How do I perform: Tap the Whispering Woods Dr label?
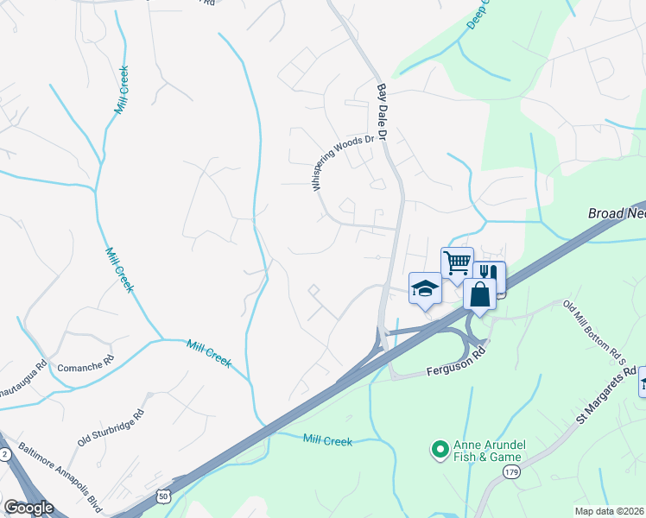pos(344,162)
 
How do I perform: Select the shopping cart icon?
pos(457,261)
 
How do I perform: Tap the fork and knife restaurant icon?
pos(490,273)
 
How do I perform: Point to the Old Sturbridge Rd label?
pos(111,428)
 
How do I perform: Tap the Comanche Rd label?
pos(85,367)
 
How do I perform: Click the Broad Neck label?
pos(616,212)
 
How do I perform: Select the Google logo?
pos(28,508)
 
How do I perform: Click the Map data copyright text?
pos(610,511)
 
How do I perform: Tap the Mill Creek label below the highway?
pos(328,441)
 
